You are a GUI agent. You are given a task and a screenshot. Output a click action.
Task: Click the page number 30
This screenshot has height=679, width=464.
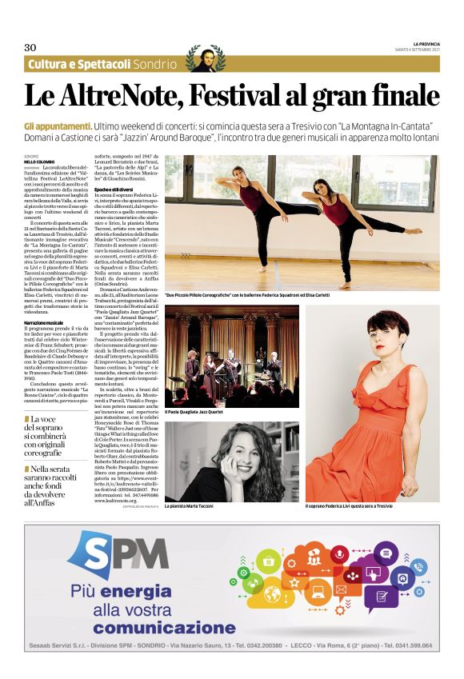pyautogui.click(x=31, y=46)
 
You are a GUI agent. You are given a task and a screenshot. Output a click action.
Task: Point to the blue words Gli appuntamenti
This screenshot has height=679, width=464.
pyautogui.click(x=58, y=126)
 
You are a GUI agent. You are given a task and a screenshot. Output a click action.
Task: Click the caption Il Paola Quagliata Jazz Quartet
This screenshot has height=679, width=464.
pyautogui.click(x=194, y=412)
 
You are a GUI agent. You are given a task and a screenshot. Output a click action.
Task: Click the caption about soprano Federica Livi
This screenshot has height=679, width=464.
pyautogui.click(x=358, y=506)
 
